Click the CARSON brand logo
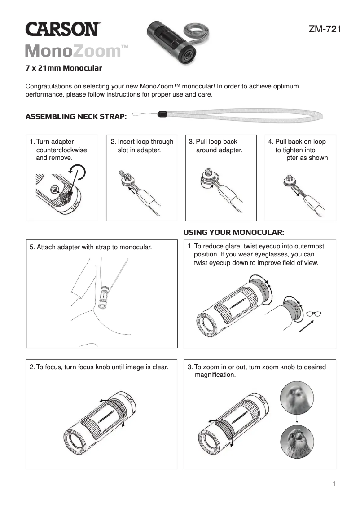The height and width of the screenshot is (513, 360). (x=62, y=30)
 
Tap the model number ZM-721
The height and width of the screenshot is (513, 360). (x=325, y=30)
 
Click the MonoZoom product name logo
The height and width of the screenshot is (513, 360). (x=76, y=51)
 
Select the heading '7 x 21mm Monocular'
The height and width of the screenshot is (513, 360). (x=63, y=68)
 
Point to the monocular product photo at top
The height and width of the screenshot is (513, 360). (x=173, y=43)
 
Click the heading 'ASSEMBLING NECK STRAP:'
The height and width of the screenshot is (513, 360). (x=76, y=117)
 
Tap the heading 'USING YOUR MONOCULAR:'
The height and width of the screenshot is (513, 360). (x=234, y=232)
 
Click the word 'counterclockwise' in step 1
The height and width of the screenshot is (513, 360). (x=61, y=150)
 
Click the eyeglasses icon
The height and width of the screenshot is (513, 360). (x=314, y=314)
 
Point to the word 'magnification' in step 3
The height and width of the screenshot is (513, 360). (x=214, y=375)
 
